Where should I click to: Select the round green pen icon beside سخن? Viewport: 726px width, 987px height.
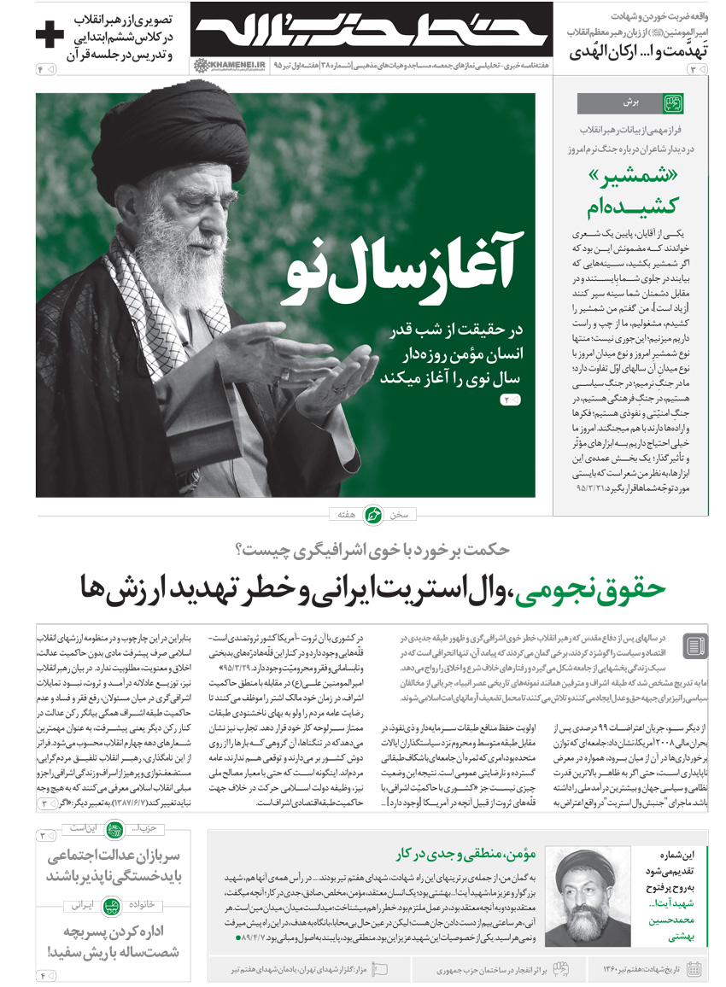pos(373,515)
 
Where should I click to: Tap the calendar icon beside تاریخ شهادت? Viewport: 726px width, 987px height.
pos(694,968)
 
